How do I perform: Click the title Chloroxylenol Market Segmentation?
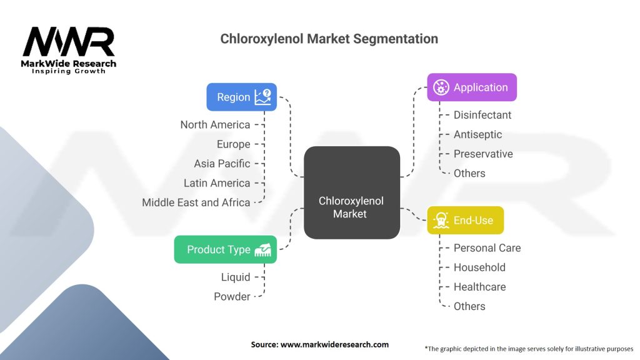329,39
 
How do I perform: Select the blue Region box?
241,97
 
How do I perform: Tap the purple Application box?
472,87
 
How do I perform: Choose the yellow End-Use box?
465,220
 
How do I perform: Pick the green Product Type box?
225,249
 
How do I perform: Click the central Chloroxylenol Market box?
351,207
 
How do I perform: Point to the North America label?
215,124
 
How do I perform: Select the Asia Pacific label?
222,164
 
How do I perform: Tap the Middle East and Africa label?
196,202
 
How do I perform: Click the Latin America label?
216,183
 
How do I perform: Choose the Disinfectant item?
482,115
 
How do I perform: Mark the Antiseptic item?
477,134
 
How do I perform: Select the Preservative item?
482,154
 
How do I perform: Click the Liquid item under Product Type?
235,277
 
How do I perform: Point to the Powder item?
232,296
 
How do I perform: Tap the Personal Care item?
487,248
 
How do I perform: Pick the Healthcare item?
479,287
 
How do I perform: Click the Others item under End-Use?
469,306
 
